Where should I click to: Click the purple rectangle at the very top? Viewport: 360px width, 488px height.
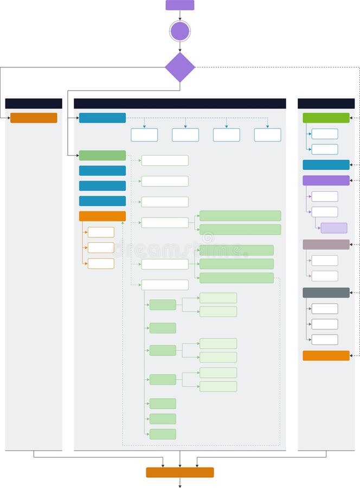[179, 5]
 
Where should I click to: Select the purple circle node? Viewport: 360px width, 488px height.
[179, 31]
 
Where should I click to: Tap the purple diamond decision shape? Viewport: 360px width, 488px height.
[179, 67]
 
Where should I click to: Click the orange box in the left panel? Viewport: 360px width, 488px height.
[34, 118]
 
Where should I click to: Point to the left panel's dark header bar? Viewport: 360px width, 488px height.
[34, 104]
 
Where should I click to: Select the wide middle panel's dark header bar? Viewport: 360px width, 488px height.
[179, 104]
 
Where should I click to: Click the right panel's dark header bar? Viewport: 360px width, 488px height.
[326, 104]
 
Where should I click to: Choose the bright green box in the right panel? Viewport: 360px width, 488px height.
[326, 118]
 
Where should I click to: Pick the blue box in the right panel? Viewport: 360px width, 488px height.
[326, 165]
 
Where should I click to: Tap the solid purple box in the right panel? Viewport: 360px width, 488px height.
[326, 181]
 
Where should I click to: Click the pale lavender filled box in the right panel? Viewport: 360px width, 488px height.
[334, 228]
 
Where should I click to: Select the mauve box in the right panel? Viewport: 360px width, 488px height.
[326, 245]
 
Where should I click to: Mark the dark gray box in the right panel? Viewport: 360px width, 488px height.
[326, 293]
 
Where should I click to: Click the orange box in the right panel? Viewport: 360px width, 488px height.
[326, 356]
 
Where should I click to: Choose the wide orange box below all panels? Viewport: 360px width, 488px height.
[179, 472]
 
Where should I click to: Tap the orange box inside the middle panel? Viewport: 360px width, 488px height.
[102, 216]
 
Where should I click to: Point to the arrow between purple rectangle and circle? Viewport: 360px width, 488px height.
[179, 15]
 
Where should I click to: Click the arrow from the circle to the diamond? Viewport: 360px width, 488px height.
[179, 47]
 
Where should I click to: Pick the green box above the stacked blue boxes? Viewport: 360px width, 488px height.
[102, 156]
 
